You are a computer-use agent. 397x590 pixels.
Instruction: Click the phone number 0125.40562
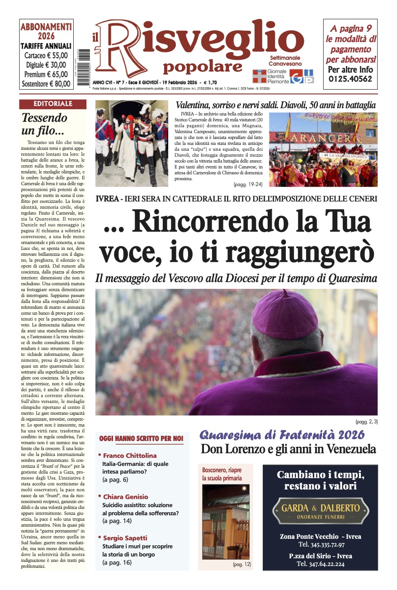tap(350, 79)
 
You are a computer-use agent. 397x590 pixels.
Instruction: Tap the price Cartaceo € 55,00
tap(46, 56)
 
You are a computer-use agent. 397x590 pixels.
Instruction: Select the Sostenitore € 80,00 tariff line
tap(46, 83)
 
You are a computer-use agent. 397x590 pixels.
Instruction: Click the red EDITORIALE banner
tap(52, 104)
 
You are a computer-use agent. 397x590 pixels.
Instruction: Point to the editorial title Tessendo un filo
tap(44, 124)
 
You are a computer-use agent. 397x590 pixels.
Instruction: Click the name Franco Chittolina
tap(130, 456)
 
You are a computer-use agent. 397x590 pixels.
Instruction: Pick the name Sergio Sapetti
tap(125, 538)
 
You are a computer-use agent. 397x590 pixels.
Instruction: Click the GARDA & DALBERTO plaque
tap(321, 510)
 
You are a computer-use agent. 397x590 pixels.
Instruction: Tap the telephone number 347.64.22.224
tap(321, 564)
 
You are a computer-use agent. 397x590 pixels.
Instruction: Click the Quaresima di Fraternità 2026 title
tap(282, 435)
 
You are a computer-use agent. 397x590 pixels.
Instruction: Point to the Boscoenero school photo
tap(225, 522)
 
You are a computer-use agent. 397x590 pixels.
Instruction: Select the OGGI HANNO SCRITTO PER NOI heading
tap(141, 438)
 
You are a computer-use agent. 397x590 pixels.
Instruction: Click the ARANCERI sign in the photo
tap(321, 137)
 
